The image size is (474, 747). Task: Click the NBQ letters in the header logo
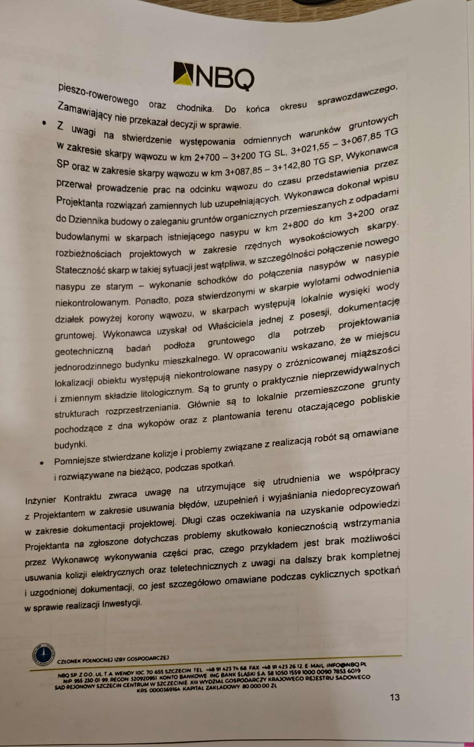pos(226,78)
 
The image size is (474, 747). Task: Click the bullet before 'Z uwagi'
pos(44,123)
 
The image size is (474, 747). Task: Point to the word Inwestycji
pos(122,604)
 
